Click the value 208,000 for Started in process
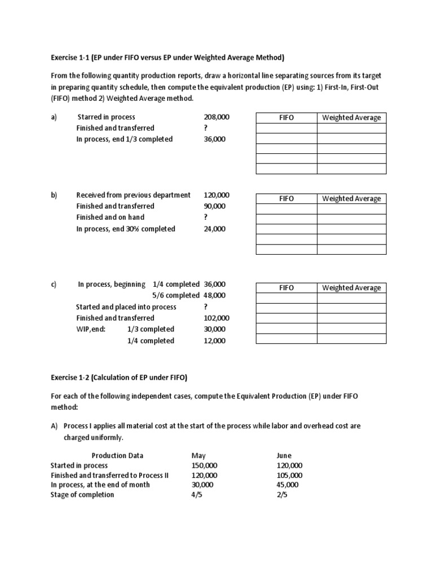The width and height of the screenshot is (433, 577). (x=216, y=117)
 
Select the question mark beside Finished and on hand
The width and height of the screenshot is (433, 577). (x=206, y=217)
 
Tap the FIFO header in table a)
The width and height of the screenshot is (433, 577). (x=286, y=118)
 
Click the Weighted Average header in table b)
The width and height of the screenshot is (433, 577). (x=351, y=198)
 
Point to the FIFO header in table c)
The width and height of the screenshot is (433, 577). (x=286, y=288)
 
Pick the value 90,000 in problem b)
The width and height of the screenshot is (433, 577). (x=214, y=206)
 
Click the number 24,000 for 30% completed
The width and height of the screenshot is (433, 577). (x=214, y=229)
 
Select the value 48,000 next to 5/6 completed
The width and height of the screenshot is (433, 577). (x=214, y=295)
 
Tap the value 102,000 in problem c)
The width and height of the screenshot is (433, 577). (x=216, y=318)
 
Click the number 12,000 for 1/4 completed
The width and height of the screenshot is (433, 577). (x=214, y=341)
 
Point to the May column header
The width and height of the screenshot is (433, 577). (x=199, y=455)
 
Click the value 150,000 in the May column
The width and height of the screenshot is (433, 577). (x=205, y=465)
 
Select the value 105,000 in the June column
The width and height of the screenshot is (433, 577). (x=290, y=475)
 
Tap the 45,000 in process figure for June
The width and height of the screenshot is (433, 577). (x=288, y=485)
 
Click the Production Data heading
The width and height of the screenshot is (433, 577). (x=117, y=455)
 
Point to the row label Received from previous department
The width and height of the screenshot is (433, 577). (x=134, y=195)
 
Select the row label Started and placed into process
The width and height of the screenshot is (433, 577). (x=126, y=307)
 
